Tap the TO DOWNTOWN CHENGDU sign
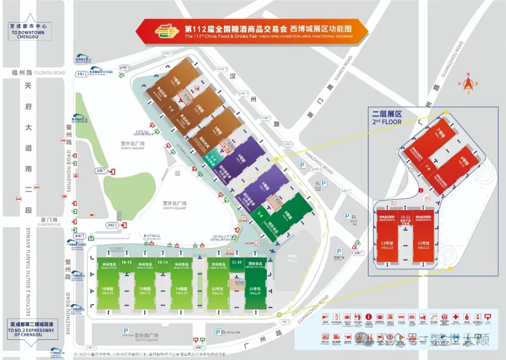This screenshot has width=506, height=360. (x=30, y=31)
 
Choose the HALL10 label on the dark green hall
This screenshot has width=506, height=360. (x=255, y=291)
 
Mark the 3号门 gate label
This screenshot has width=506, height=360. (x=112, y=225)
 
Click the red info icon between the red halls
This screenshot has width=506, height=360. (x=421, y=190)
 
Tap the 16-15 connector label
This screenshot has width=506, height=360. (x=126, y=262)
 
